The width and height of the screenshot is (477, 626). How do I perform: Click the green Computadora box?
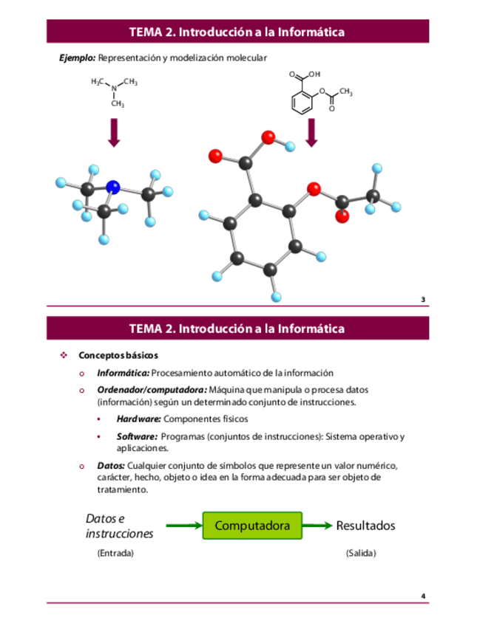tap(252, 526)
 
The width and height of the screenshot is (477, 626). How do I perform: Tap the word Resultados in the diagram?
tap(365, 526)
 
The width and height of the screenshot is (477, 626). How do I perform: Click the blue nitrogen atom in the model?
tap(112, 187)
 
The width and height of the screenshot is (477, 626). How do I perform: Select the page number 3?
tap(423, 300)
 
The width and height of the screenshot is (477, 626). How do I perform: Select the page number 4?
tap(423, 596)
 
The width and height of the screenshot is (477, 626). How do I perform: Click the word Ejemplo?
tap(78, 58)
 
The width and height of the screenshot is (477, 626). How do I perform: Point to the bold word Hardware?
tap(139, 419)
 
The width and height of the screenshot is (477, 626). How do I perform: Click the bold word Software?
tap(137, 436)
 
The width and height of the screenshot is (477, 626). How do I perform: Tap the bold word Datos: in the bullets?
tap(111, 466)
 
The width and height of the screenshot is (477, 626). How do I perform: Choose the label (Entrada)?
tap(115, 553)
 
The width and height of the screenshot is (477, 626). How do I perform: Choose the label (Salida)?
tap(361, 553)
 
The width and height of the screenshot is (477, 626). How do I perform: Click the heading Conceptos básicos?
tap(118, 355)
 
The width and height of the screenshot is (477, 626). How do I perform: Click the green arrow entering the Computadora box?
tap(183, 526)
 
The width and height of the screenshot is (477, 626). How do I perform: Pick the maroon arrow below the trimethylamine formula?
tap(114, 132)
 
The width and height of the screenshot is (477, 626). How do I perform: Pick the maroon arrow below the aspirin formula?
tap(311, 132)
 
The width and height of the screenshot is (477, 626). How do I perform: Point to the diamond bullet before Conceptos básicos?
tap(64, 355)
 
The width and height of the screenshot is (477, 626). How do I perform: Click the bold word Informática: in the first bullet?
tap(124, 373)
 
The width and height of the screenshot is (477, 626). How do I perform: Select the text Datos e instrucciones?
tap(119, 526)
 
